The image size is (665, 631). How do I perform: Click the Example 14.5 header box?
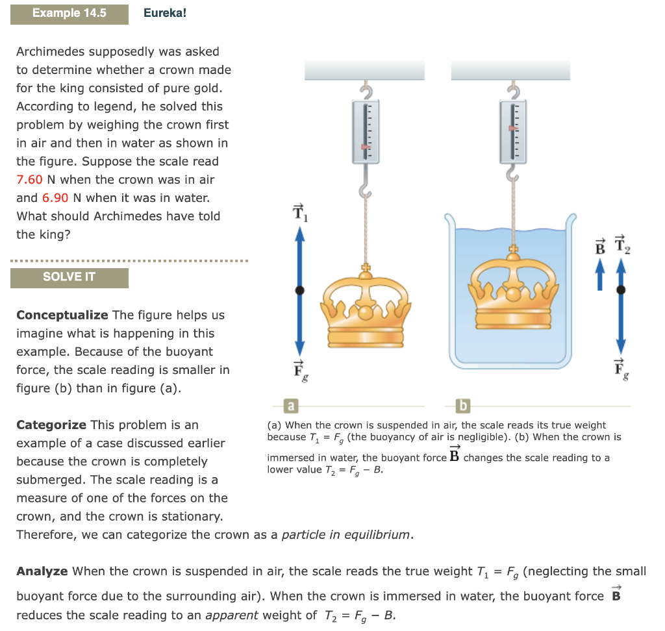(69, 13)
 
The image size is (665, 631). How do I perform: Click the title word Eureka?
(165, 13)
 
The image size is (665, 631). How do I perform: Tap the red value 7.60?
(30, 180)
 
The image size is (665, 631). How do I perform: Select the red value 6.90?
(55, 198)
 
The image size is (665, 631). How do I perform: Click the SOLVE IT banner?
(69, 277)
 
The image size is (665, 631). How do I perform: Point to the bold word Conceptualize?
(62, 315)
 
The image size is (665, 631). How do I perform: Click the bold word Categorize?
(51, 425)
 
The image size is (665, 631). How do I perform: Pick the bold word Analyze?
(42, 572)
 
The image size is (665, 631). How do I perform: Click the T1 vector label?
(299, 212)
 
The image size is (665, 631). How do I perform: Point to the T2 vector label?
(621, 243)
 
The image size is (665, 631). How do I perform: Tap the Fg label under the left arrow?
(299, 369)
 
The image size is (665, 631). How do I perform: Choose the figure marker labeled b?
(463, 406)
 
